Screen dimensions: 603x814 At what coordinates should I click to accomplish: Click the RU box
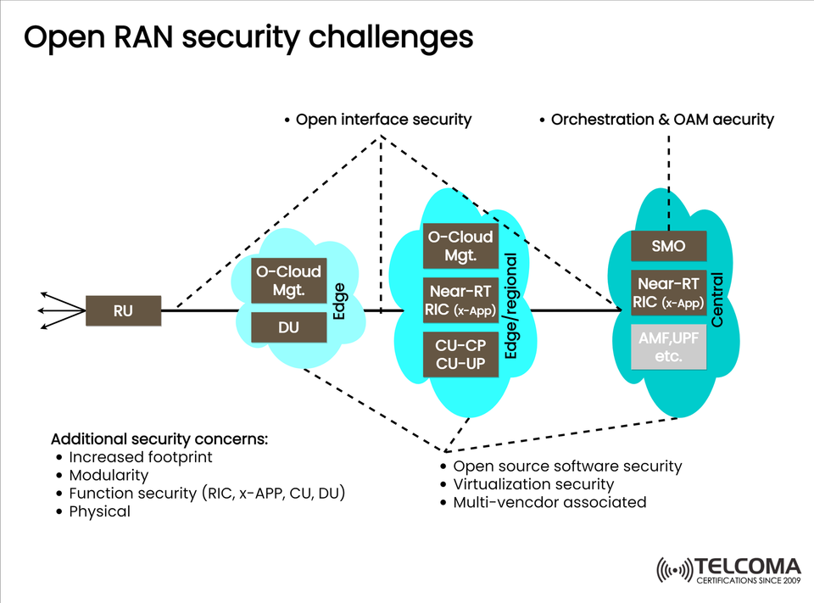click(x=123, y=311)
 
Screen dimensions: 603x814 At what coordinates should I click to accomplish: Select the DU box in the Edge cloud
click(x=288, y=327)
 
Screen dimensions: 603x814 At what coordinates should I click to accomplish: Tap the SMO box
click(x=668, y=247)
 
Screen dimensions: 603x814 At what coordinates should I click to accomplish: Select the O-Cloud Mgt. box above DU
click(x=288, y=281)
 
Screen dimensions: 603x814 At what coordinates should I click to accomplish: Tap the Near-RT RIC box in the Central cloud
click(x=668, y=293)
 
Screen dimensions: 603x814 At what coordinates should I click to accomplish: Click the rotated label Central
click(x=718, y=299)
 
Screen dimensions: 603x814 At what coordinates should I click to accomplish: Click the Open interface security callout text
click(x=382, y=120)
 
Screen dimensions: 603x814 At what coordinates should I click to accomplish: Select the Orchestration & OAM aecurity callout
click(x=661, y=120)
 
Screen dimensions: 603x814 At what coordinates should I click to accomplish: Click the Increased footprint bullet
click(x=140, y=457)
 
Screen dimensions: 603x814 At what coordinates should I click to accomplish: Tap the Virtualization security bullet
click(x=533, y=484)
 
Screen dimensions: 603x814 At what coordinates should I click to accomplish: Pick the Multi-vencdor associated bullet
click(x=549, y=502)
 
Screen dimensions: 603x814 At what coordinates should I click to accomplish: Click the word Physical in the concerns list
click(x=99, y=511)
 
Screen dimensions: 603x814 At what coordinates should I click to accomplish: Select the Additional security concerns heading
click(x=159, y=439)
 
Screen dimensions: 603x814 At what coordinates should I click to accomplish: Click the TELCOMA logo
click(x=728, y=571)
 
